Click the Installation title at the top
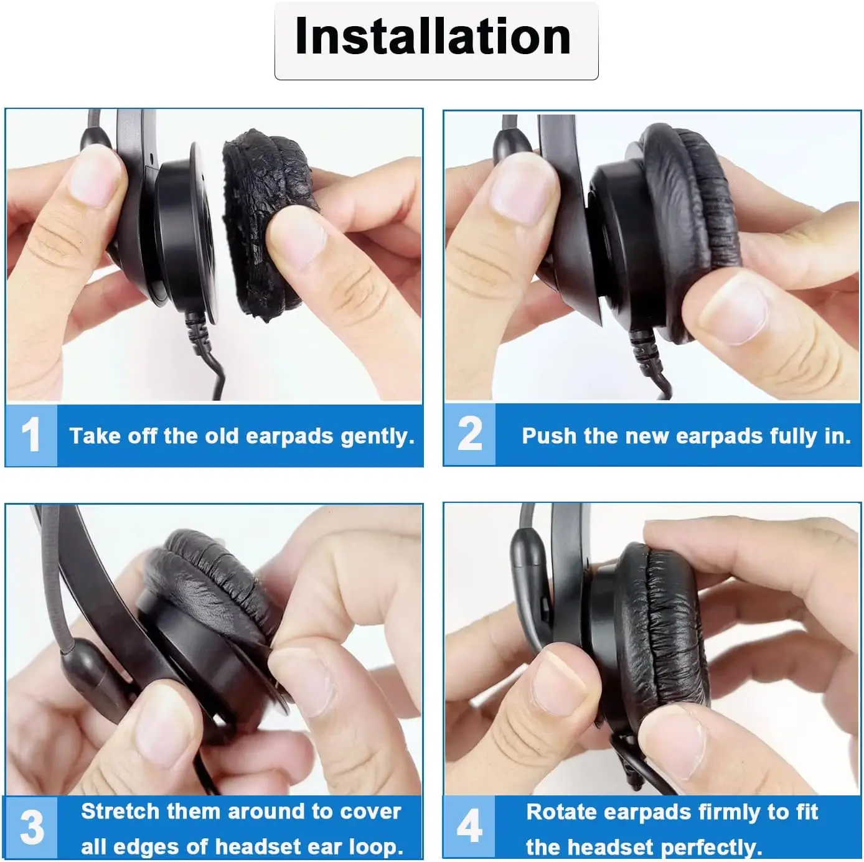433,37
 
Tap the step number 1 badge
31,434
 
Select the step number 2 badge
469,434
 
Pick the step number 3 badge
31,827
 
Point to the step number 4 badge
469,827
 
